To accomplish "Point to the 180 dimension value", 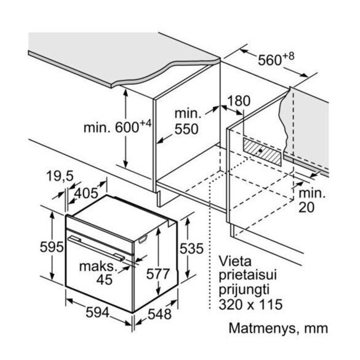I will pyautogui.click(x=238, y=101).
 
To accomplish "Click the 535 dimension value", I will pyautogui.click(x=192, y=248).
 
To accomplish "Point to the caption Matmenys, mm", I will pyautogui.click(x=278, y=329).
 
